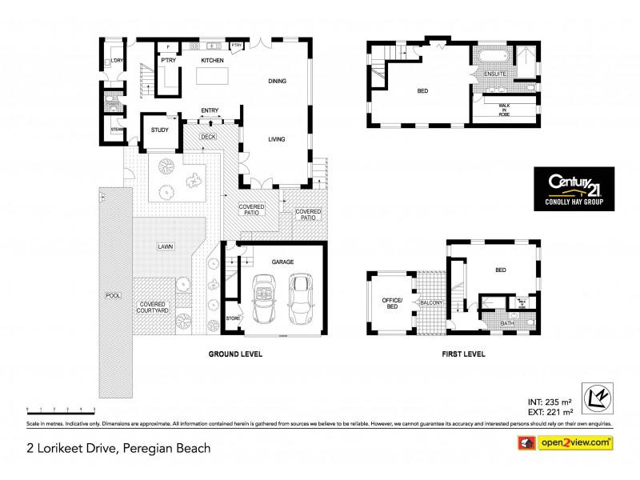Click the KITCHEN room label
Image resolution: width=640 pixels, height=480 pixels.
[212, 61]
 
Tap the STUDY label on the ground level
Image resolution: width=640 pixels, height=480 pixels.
[159, 134]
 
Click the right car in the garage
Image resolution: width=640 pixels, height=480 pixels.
[301, 298]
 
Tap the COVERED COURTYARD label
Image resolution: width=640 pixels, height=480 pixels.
[153, 308]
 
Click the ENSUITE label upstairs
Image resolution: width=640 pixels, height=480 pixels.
[495, 74]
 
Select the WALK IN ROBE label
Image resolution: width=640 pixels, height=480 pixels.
[504, 109]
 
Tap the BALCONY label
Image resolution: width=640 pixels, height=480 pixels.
[430, 303]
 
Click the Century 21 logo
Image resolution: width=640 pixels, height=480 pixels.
[573, 189]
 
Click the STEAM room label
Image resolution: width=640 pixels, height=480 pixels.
[117, 129]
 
